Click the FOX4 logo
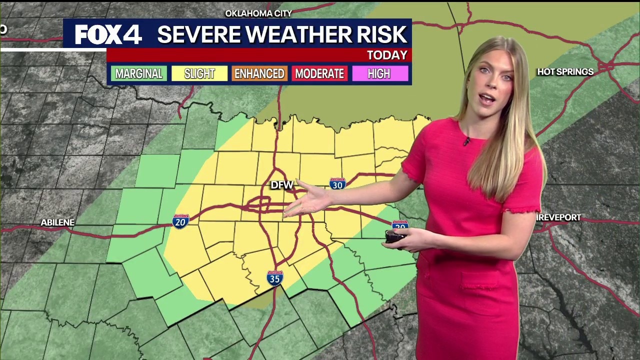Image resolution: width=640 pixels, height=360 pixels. [108, 34]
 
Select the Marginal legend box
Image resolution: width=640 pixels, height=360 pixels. [139, 74]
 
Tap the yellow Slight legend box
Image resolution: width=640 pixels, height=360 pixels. [199, 74]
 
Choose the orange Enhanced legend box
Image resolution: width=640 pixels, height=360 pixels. [259, 74]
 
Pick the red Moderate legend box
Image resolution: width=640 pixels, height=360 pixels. [319, 74]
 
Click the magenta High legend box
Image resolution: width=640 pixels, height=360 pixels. [379, 74]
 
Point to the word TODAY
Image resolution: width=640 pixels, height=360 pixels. [387, 55]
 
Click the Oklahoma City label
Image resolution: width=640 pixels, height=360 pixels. [258, 13]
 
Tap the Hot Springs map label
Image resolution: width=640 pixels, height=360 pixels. [565, 72]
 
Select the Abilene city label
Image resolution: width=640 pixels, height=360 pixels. [57, 222]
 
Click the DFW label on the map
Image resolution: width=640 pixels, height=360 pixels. [281, 185]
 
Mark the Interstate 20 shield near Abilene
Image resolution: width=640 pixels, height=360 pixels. [180, 221]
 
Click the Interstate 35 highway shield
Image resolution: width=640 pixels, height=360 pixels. [275, 278]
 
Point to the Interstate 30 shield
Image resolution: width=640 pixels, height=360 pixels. [337, 183]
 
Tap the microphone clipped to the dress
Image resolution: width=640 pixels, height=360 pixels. [466, 141]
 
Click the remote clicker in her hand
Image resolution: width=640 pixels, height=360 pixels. [395, 236]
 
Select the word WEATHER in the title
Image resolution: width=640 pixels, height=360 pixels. [283, 34]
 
